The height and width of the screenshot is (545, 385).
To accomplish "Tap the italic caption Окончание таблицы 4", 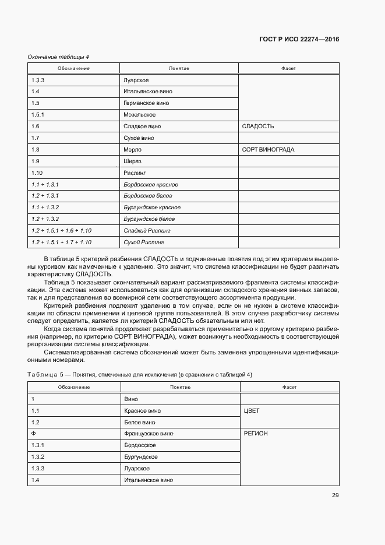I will pos(58,57).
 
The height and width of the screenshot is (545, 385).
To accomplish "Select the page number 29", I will pos(335,495).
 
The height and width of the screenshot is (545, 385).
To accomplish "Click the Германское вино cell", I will pos(146,103).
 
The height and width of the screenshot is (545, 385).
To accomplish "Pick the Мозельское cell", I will pos(139,115).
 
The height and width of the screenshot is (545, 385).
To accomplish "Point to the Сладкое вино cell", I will pos(142,126).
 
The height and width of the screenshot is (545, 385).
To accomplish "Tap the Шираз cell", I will pos(133,161).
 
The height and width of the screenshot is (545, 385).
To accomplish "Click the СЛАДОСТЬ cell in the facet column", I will pos(257,126).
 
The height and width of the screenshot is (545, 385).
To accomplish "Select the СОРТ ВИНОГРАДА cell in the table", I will pos(268,150).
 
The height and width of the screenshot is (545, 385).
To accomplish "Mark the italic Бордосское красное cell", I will pos(151,184).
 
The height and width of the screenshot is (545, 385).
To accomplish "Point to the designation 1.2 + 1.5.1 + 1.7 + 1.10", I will pos(61,242).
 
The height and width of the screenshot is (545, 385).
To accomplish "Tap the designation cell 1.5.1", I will pos(38,115).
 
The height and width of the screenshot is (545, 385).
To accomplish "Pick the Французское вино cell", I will pos(149,434).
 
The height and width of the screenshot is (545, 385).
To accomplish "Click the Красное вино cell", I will pos(142,411).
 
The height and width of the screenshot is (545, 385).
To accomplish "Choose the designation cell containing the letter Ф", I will pos(34,434).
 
